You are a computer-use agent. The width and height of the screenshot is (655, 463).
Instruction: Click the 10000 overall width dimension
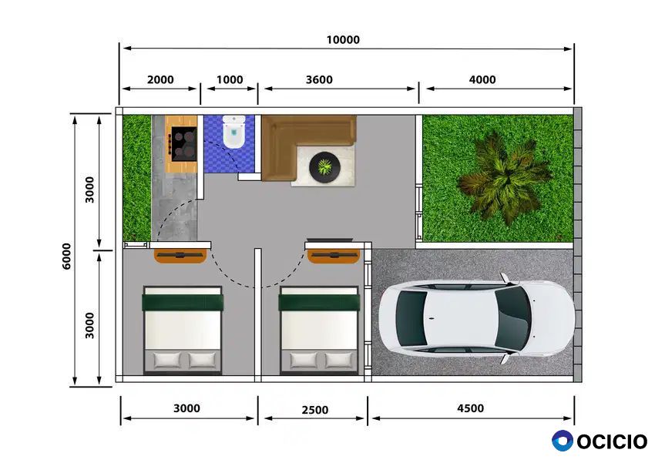pos(343,40)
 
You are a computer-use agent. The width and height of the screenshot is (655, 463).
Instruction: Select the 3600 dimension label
pos(319,80)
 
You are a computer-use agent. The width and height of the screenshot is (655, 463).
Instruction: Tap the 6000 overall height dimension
pos(67,256)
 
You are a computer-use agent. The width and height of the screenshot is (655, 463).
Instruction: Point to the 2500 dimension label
pos(315,410)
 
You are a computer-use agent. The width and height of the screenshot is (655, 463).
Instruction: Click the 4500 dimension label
pos(470,408)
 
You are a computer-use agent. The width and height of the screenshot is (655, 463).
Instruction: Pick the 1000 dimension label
pos(230,80)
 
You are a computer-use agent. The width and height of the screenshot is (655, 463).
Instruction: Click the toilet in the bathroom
pos(233,132)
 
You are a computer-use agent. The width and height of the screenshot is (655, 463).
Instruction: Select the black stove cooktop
pos(184,143)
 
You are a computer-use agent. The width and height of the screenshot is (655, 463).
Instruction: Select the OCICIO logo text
pos(612,442)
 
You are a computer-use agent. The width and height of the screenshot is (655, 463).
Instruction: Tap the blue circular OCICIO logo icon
pos(563,441)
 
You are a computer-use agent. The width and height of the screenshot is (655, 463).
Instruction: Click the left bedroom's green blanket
pos(183,303)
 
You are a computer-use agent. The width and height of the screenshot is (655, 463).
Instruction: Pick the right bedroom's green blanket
pos(319,303)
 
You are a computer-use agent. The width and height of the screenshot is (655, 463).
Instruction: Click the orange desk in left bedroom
pos(180,256)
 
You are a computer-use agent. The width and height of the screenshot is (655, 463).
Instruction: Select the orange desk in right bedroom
pos(334,256)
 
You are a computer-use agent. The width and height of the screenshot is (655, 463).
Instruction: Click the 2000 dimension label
pos(160,80)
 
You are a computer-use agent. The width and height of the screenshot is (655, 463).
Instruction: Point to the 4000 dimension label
pos(482,80)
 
